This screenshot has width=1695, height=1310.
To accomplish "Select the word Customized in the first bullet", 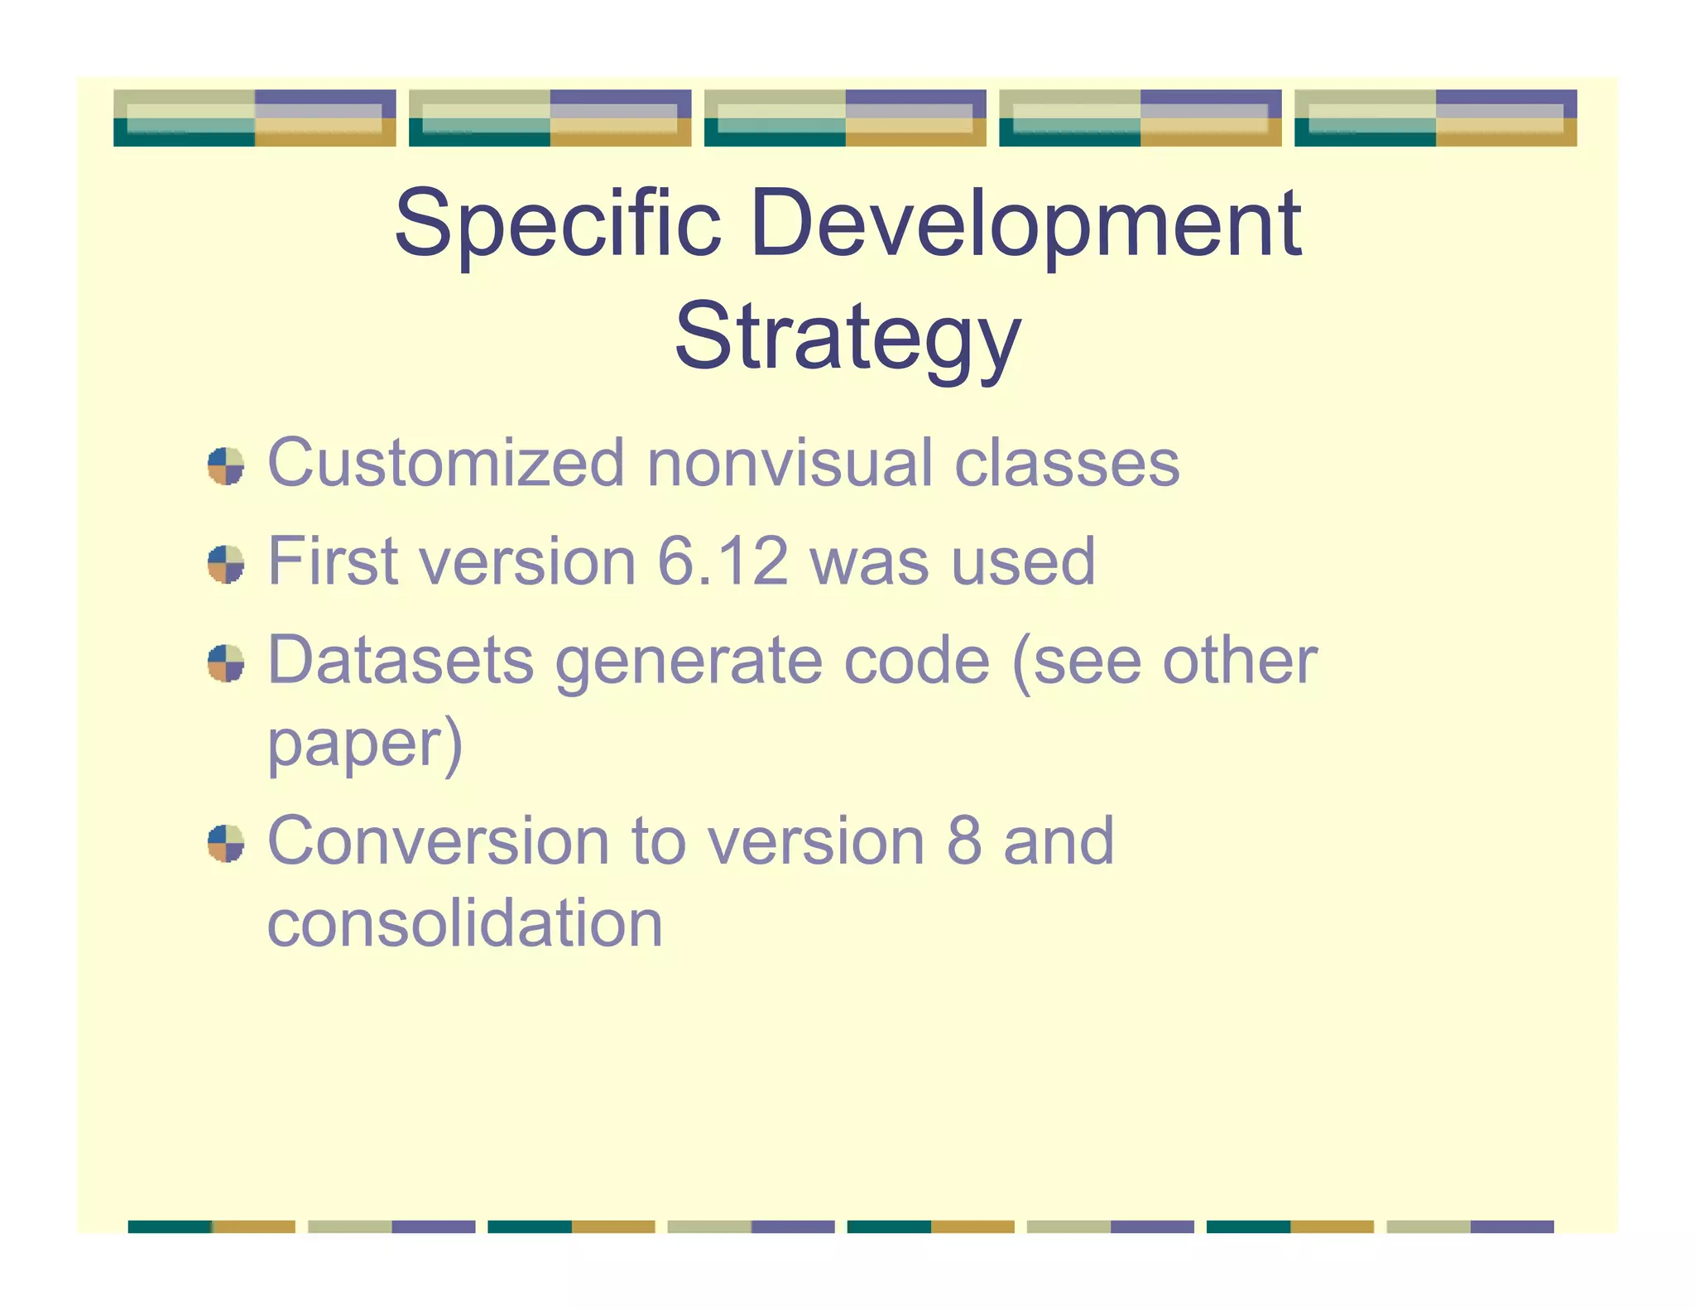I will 445,463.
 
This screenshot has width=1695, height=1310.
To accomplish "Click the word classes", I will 1067,463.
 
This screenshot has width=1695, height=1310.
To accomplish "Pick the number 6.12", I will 722,561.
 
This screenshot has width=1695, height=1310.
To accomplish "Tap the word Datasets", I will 401,661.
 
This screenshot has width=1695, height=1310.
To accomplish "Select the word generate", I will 689,661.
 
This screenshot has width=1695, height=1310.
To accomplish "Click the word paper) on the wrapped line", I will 364,744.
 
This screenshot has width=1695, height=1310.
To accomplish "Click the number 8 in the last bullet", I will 963,841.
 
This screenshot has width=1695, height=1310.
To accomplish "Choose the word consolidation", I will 465,923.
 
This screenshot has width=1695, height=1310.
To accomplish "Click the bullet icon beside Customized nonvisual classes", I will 226,466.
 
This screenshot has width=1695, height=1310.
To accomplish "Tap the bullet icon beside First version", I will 226,565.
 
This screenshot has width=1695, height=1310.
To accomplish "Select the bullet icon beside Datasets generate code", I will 226,663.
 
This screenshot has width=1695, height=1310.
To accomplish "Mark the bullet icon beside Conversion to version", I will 226,844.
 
